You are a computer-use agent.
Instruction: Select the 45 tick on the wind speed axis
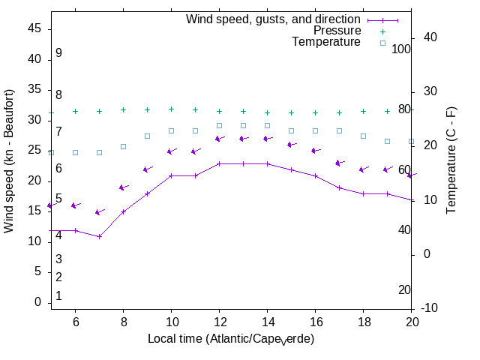click(x=34, y=28)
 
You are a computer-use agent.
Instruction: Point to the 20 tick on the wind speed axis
click(x=34, y=181)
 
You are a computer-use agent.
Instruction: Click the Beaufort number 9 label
click(x=58, y=53)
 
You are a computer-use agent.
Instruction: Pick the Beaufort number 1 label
click(x=58, y=296)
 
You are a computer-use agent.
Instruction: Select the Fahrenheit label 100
click(x=401, y=49)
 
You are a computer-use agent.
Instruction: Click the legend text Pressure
click(x=337, y=31)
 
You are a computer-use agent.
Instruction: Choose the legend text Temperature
click(x=326, y=42)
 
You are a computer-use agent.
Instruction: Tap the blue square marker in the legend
click(x=382, y=43)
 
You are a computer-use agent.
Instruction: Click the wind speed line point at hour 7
click(x=99, y=236)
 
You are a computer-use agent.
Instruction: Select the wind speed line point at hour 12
click(x=219, y=163)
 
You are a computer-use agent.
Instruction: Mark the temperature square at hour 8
click(x=123, y=146)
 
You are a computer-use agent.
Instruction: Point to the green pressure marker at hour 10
click(x=171, y=109)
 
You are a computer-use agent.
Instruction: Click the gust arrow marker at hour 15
click(x=291, y=145)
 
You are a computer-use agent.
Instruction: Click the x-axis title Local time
click(x=230, y=339)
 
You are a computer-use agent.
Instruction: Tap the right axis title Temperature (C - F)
click(x=451, y=159)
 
